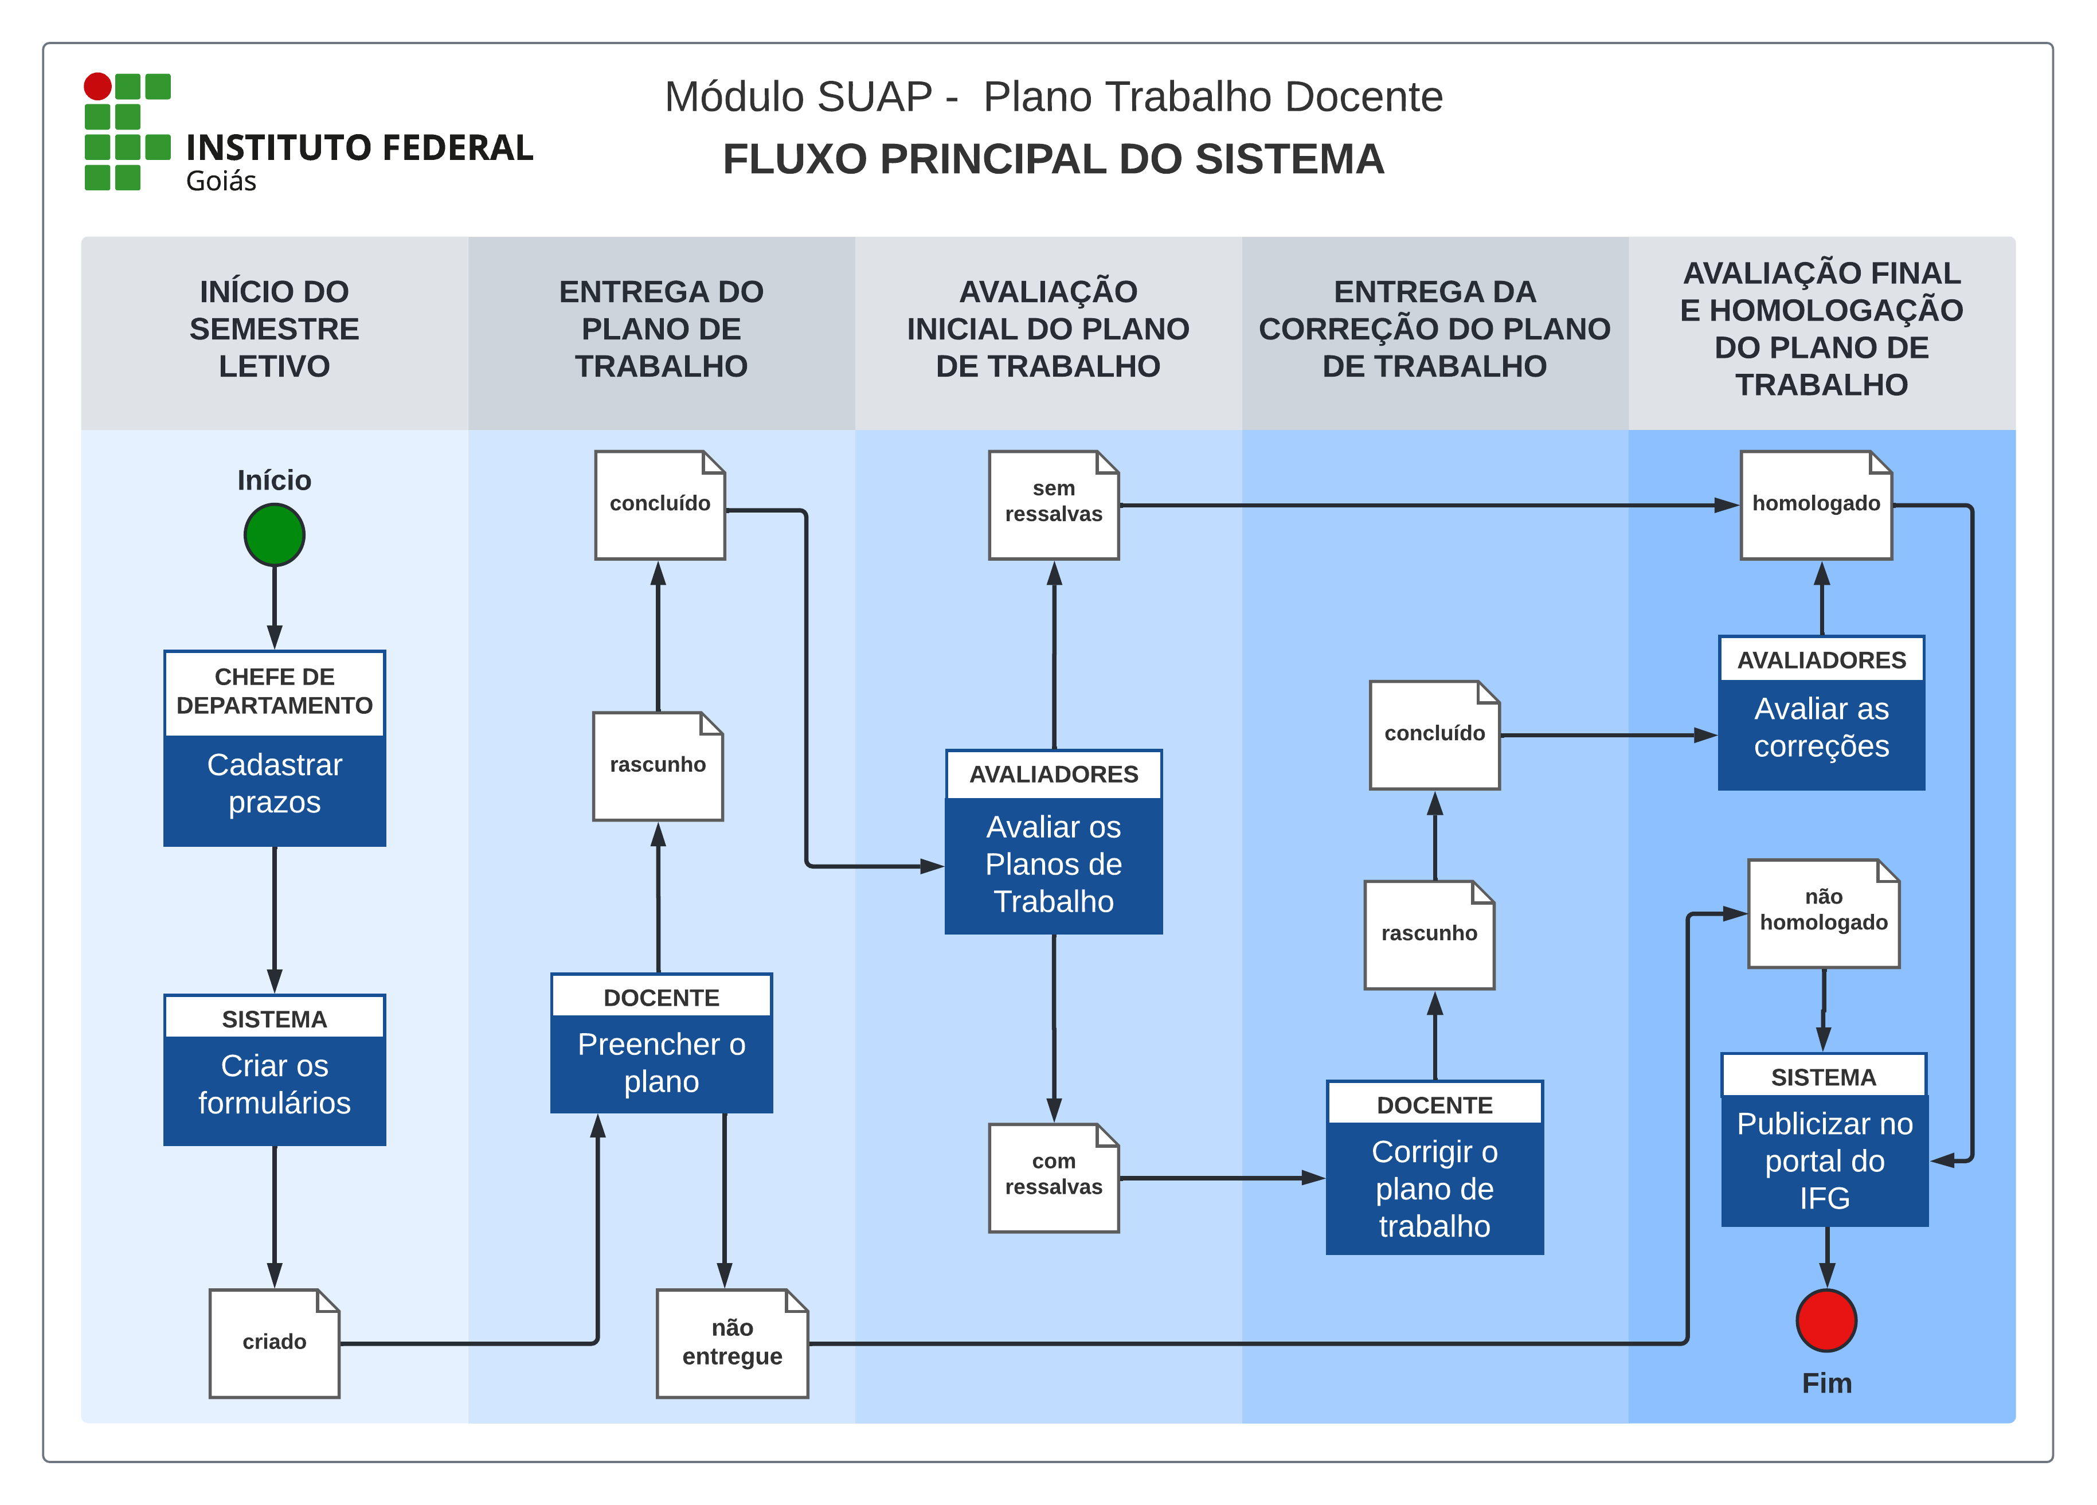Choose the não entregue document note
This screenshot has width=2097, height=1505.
coord(731,1342)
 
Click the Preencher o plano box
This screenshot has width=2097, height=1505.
coord(661,1043)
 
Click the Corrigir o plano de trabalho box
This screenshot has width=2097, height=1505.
coord(1434,1167)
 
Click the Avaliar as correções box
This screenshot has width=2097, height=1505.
coord(1821,712)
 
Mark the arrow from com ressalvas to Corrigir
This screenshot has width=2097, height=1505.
coord(1220,1178)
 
